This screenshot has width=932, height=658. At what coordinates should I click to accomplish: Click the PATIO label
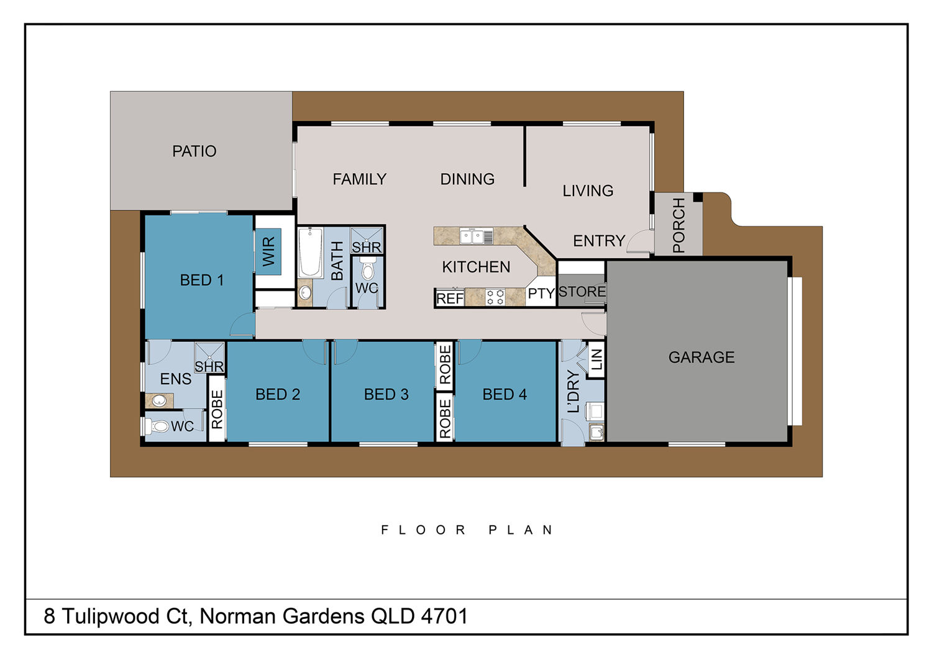pos(194,151)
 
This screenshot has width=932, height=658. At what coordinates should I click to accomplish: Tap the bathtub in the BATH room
pos(310,252)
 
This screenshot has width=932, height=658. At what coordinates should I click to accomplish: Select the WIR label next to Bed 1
pos(268,251)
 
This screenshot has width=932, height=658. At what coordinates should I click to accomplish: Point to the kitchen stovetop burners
pos(495,297)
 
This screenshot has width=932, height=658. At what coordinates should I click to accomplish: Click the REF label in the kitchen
pos(449,298)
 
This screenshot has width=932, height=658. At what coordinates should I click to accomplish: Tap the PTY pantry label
pos(541,293)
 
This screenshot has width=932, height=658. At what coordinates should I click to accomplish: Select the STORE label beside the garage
pos(582,291)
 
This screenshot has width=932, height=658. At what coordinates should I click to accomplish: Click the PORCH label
pos(678,225)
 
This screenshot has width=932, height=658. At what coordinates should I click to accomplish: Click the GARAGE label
pos(701,357)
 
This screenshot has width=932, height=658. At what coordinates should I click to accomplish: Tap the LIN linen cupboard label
pos(596,359)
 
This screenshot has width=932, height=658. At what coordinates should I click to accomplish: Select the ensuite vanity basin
pos(159,401)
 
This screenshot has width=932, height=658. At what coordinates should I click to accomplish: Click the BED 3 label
pos(386,394)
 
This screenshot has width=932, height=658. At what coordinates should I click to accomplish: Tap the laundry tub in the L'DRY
pos(596,432)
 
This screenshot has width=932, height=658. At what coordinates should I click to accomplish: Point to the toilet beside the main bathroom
pos(368,269)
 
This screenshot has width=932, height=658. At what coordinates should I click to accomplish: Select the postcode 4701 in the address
pos(444,616)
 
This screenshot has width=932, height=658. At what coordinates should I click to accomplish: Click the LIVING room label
pos(588,191)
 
